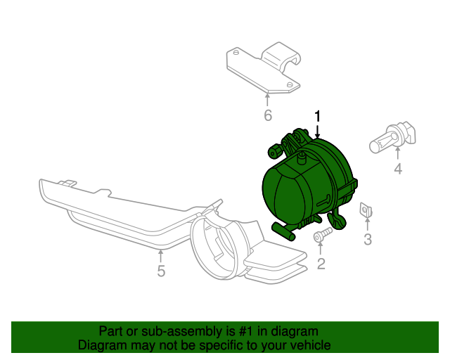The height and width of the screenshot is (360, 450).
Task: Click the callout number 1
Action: (317, 116)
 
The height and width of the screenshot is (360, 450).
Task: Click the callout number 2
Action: (321, 264)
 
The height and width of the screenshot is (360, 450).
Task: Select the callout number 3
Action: (367, 240)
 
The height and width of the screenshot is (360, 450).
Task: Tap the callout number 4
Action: (397, 169)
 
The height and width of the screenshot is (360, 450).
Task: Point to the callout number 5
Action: (161, 271)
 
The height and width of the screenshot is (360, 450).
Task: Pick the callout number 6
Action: (267, 115)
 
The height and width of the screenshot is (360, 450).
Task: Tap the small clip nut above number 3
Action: (366, 209)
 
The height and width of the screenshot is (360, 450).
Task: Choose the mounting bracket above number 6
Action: (264, 69)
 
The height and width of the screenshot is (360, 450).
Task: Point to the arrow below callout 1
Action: (317, 130)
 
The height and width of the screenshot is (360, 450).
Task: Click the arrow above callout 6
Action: (267, 99)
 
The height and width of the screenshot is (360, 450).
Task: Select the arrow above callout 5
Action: (161, 255)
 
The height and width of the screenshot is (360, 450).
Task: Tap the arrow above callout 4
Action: (397, 153)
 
